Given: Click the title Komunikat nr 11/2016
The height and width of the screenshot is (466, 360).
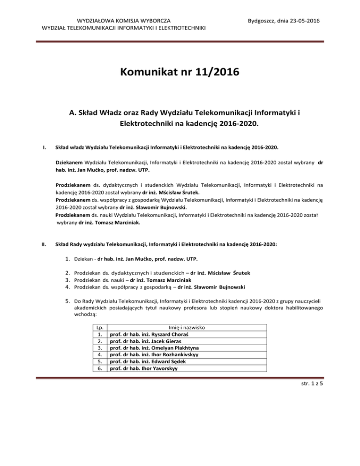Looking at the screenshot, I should [180, 73].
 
